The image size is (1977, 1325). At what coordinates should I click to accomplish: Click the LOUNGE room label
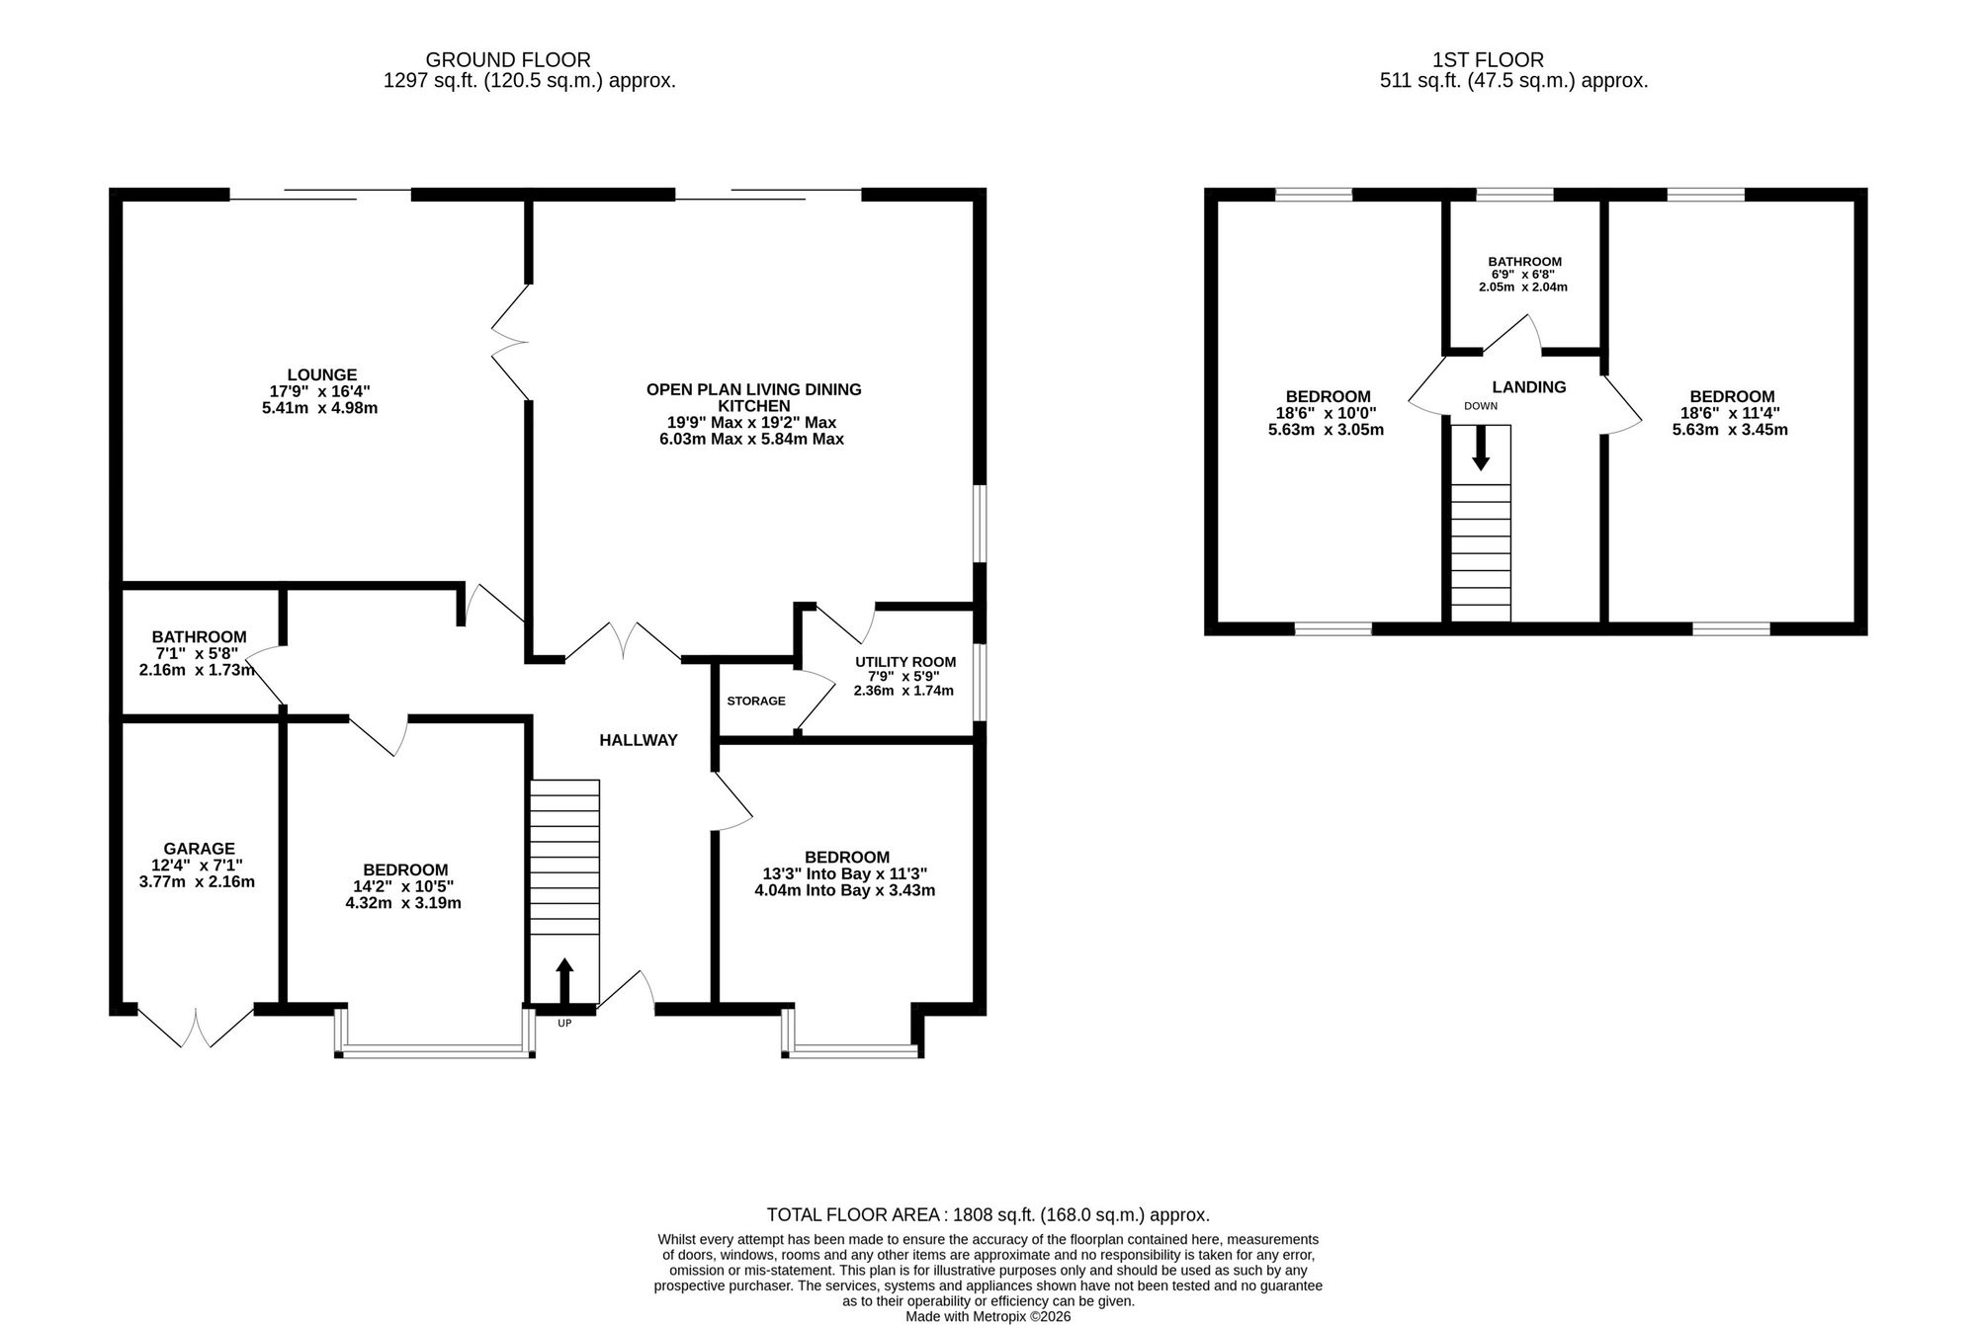(321, 375)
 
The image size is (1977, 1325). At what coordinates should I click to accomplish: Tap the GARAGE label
(199, 849)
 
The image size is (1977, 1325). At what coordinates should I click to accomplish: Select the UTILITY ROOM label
(905, 662)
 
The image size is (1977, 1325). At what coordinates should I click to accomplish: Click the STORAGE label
(756, 702)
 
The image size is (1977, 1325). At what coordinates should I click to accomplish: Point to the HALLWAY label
(639, 740)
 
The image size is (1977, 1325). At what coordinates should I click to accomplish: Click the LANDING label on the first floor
(1529, 387)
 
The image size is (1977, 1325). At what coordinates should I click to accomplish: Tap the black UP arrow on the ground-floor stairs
(564, 980)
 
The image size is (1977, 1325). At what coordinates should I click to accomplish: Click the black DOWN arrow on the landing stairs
(1480, 448)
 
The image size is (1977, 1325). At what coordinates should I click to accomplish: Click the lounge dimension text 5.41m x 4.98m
(319, 408)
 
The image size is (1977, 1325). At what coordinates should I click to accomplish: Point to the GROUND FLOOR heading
(508, 60)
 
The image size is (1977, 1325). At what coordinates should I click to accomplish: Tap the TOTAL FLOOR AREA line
(988, 1215)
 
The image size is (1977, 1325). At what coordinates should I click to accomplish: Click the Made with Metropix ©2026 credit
(988, 1317)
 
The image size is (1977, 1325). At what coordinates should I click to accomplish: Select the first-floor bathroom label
(1524, 262)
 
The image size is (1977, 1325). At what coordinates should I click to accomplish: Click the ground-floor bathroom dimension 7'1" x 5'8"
(194, 653)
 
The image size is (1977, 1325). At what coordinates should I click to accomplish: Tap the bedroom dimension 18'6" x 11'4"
(1731, 414)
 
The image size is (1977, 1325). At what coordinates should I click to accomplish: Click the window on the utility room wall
(979, 683)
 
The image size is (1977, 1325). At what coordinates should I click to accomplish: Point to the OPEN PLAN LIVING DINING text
(753, 389)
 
